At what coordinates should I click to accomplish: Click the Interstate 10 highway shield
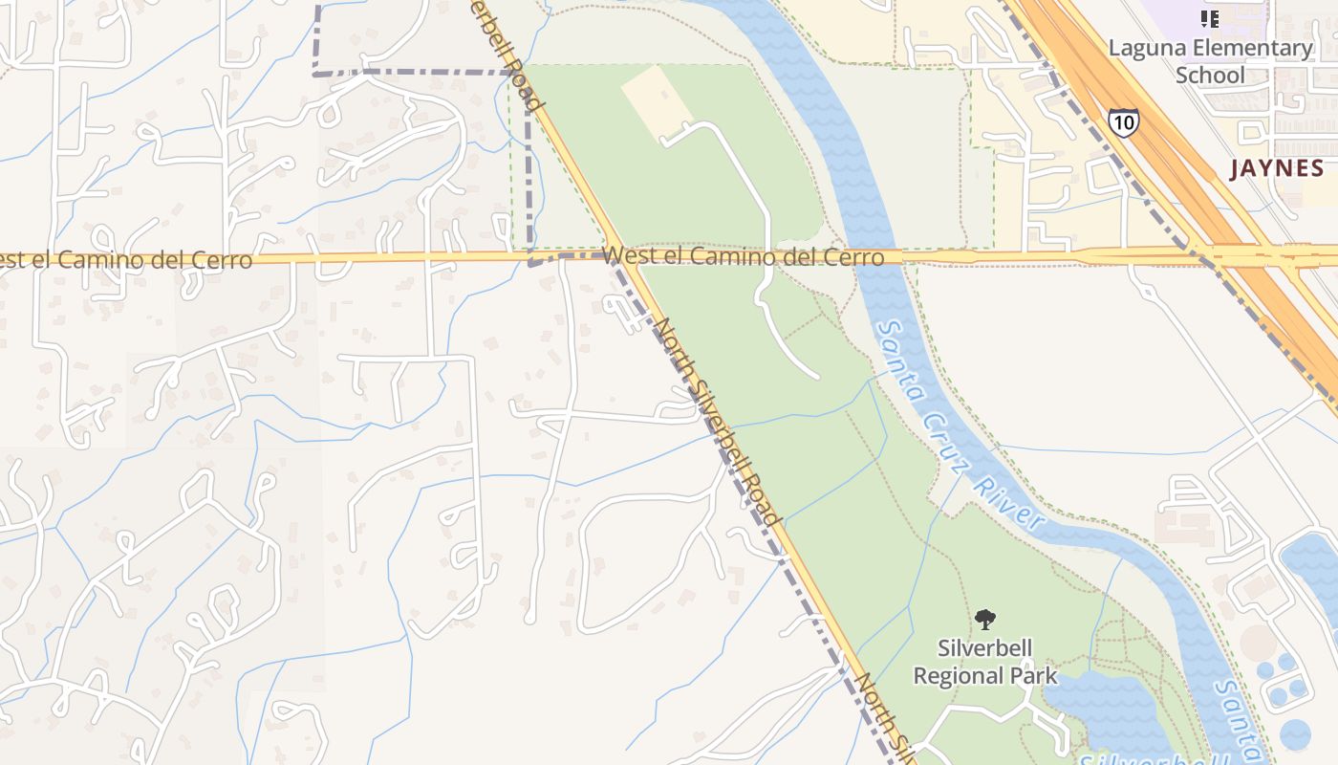coord(1124,122)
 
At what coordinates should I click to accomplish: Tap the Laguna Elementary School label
coord(1210,61)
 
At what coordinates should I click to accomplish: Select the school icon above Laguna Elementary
coord(1210,18)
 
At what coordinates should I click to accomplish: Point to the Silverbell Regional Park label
coord(985,662)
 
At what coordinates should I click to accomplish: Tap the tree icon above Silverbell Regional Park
coord(985,620)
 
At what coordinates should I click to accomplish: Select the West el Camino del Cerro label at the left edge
coord(126,260)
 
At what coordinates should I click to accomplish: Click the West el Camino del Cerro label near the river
coord(745,256)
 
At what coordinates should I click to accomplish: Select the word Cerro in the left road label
coord(224,260)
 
